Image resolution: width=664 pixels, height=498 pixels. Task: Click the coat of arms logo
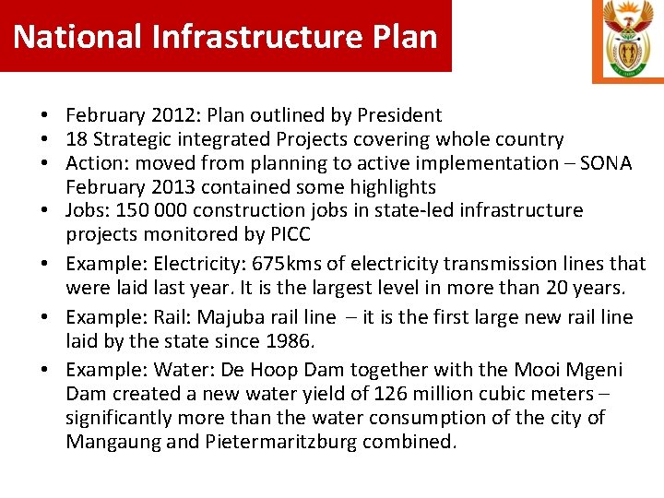(627, 40)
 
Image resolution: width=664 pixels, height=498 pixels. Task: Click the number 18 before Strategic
(76, 139)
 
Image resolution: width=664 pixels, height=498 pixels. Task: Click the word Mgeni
(593, 370)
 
